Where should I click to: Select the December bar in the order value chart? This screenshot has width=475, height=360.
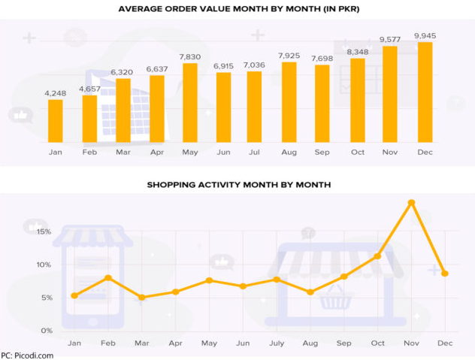pyautogui.click(x=425, y=92)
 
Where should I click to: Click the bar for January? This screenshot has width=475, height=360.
pyautogui.click(x=56, y=120)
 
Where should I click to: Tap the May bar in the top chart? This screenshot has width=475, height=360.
pyautogui.click(x=190, y=102)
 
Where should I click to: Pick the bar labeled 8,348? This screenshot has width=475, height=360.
pyautogui.click(x=358, y=100)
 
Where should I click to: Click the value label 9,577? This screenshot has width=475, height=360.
pyautogui.click(x=390, y=39)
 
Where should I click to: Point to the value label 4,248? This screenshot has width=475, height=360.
pyautogui.click(x=56, y=93)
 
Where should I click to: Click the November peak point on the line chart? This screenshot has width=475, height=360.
pyautogui.click(x=411, y=203)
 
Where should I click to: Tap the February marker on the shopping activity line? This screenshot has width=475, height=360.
pyautogui.click(x=108, y=278)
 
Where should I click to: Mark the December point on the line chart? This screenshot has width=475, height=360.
pyautogui.click(x=445, y=274)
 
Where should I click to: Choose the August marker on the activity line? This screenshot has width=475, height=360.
pyautogui.click(x=310, y=292)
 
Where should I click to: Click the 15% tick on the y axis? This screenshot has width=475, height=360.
pyautogui.click(x=42, y=231)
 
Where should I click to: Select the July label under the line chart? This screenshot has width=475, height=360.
pyautogui.click(x=277, y=343)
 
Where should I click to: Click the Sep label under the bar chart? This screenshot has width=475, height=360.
pyautogui.click(x=322, y=151)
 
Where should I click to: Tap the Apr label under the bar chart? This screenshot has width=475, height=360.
pyautogui.click(x=157, y=151)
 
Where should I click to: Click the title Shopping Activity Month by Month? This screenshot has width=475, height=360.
pyautogui.click(x=238, y=184)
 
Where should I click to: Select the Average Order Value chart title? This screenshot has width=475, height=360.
pyautogui.click(x=237, y=9)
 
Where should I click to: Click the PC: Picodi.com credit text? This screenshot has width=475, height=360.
pyautogui.click(x=27, y=355)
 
